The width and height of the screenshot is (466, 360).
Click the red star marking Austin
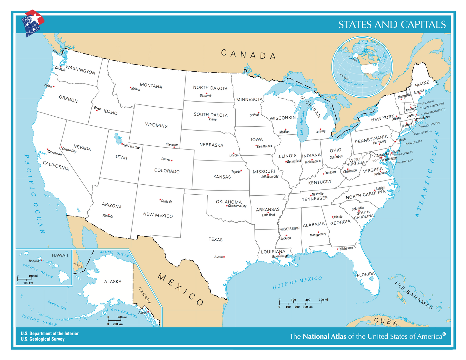pos(224,257)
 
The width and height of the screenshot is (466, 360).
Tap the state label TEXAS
pos(215,239)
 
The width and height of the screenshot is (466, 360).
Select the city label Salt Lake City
pos(131,146)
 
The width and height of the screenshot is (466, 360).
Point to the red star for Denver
pos(172,161)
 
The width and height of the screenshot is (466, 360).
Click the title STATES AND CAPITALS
pos(392,24)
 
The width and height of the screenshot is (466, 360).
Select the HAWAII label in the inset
pos(60,255)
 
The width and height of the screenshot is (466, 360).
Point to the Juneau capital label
pos(143,313)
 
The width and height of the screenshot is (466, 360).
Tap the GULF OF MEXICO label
pos(297,283)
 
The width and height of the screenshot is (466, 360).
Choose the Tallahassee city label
pos(345,248)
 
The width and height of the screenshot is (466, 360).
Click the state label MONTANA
pos(151,86)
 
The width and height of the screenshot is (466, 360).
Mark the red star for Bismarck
pos(206,93)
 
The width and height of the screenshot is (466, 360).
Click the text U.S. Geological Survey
pos(43,339)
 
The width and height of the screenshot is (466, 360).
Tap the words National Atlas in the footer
pos(324,336)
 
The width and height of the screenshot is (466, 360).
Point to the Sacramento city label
pos(55,153)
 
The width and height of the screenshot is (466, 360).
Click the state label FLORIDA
pos(366,275)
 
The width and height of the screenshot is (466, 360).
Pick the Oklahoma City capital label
pos(237,206)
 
